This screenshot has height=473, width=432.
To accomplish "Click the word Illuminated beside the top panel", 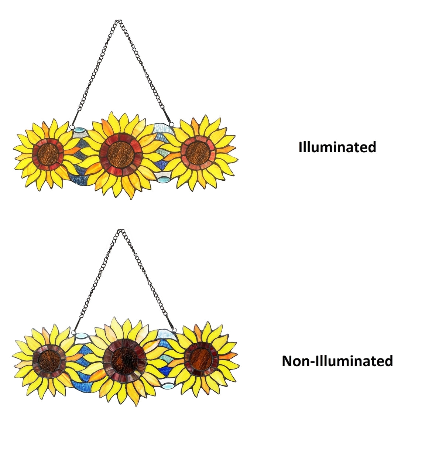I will (x=337, y=147).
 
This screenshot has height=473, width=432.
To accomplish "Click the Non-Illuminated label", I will (x=337, y=361).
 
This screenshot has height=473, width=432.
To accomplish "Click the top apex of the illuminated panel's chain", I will (x=119, y=21).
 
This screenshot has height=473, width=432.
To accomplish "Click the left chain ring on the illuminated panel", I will (x=72, y=127).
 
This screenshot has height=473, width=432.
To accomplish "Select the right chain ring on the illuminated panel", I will (x=171, y=123).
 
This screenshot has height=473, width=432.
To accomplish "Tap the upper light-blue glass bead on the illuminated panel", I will (x=79, y=130).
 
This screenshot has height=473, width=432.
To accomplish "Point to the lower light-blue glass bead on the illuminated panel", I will (x=162, y=180).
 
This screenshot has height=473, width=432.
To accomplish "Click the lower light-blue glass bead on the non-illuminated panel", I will (x=167, y=386).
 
